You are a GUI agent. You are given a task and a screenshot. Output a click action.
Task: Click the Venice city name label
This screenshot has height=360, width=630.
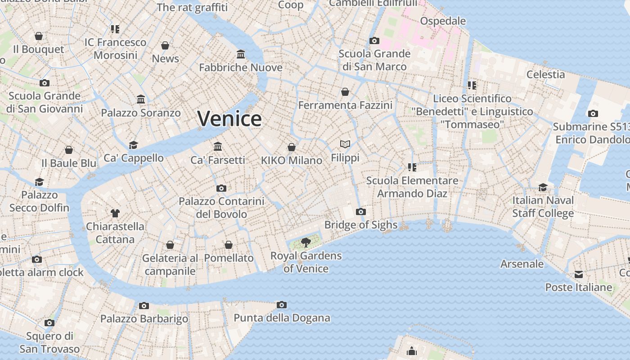[229, 119]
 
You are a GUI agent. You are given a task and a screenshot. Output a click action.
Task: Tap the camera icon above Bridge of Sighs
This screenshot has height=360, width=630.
[360, 211]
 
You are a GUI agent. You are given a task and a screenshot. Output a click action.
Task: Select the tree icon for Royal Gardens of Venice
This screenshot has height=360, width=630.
[306, 243]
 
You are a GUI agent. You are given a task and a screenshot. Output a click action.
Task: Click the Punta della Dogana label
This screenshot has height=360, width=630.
[282, 318]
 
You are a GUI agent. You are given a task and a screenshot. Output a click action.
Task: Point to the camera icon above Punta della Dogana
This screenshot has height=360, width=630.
[282, 305]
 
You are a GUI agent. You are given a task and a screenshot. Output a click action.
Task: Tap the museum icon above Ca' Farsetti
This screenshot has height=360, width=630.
[218, 146]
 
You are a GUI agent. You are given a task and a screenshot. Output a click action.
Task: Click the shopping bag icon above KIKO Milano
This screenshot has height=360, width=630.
[292, 147]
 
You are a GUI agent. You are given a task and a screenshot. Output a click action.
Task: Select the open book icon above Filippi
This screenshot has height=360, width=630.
[345, 144]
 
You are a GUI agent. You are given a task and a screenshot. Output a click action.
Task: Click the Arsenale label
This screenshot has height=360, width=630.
[522, 264]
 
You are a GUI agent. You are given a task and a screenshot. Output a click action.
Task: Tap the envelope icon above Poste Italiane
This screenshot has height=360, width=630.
[579, 274]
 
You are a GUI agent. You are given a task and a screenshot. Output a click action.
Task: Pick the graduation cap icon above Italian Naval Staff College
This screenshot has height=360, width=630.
[543, 187]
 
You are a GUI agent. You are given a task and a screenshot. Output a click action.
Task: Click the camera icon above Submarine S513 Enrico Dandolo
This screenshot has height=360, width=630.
[593, 113]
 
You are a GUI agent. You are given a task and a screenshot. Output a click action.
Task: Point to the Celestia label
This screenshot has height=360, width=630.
[545, 74]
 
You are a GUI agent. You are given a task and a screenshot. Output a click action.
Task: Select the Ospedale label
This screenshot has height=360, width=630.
[443, 21]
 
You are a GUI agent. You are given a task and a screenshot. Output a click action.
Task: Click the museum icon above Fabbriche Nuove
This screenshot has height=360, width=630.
[241, 54]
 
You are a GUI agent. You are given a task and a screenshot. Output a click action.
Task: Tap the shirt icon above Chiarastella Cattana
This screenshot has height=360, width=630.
[115, 213]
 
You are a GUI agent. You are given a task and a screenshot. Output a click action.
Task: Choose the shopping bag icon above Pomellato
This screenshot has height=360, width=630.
[229, 245]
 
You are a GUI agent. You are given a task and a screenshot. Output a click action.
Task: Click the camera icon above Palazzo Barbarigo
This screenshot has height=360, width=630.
[144, 306]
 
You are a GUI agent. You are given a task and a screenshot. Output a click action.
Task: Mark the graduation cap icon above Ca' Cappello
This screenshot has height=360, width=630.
[134, 145]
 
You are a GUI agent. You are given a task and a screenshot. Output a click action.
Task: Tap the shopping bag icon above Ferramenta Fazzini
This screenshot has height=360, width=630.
[345, 92]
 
